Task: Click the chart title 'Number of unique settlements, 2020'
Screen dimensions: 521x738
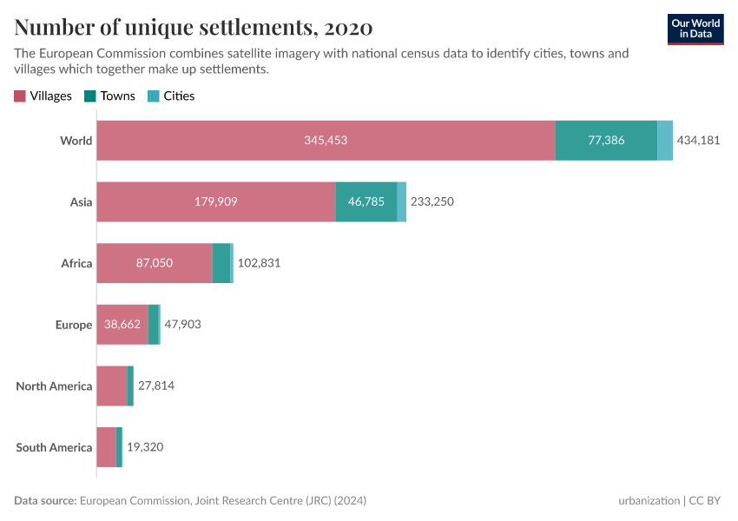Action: point(193,28)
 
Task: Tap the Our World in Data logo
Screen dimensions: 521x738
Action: point(695,29)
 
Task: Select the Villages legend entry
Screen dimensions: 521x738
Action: point(43,96)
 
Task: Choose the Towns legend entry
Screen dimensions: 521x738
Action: point(109,96)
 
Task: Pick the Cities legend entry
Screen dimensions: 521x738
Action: point(171,96)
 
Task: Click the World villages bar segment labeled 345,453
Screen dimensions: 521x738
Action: point(326,141)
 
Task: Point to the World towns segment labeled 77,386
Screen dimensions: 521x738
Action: point(606,141)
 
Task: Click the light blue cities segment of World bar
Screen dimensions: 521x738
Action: point(665,141)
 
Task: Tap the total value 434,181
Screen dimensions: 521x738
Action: point(699,141)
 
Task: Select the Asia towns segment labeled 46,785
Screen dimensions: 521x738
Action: point(366,201)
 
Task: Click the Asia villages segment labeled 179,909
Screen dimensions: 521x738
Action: point(215,201)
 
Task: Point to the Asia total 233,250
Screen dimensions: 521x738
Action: point(432,201)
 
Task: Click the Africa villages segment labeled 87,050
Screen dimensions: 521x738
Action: point(154,263)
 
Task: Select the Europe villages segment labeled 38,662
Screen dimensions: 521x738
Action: point(122,325)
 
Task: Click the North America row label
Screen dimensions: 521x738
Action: point(54,386)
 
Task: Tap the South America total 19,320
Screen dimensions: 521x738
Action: point(145,447)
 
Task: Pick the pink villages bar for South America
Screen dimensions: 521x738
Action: point(106,447)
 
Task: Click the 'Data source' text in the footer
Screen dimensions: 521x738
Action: point(45,501)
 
